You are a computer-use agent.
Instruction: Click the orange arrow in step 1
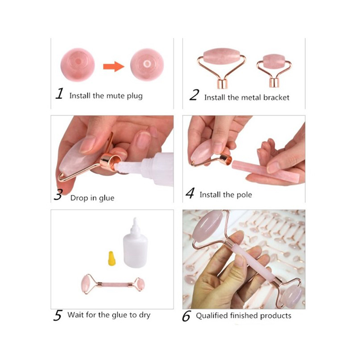(114, 67)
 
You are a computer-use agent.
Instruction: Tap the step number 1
(59, 94)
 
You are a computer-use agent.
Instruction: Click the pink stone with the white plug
(147, 64)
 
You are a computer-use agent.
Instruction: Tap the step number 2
(194, 95)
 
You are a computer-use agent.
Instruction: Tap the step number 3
(58, 195)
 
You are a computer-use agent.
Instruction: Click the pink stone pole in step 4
(266, 171)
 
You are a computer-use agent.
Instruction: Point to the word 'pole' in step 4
(244, 195)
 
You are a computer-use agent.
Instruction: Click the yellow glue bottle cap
(112, 258)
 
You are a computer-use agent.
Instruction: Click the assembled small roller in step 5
(113, 284)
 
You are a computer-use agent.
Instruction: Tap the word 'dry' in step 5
(144, 315)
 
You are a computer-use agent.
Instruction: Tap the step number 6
(186, 316)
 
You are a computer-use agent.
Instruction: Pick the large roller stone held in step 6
(208, 226)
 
